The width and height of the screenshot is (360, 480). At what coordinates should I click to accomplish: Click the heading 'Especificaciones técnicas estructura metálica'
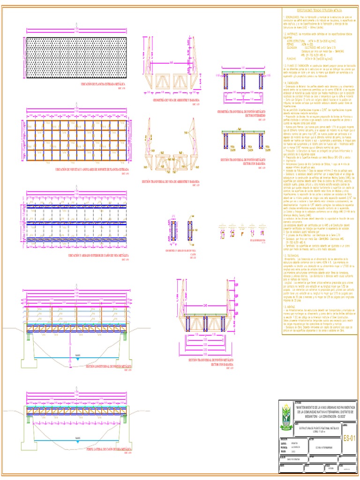click(319, 9)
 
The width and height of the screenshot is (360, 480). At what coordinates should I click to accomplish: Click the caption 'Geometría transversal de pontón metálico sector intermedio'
click(242, 112)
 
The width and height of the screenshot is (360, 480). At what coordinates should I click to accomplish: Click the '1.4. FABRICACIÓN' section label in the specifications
click(291, 82)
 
